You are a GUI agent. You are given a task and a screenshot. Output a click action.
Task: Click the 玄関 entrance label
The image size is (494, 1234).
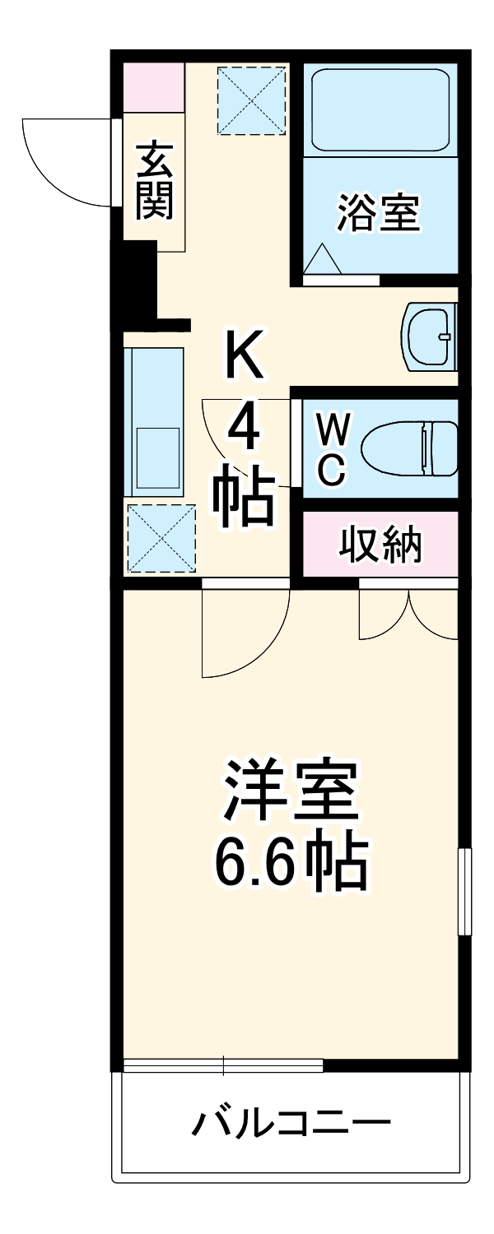tap(155, 181)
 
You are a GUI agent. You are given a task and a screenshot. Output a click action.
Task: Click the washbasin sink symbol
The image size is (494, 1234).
tap(431, 336)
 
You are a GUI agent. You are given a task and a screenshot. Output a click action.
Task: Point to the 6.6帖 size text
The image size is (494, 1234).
tap(290, 860)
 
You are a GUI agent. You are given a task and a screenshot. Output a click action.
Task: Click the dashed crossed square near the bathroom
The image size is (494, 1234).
tap(250, 100)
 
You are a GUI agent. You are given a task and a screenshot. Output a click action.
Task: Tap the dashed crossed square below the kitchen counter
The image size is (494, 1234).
tap(161, 538)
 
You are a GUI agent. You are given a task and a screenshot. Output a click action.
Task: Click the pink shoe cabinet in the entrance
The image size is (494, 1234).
tap(154, 86)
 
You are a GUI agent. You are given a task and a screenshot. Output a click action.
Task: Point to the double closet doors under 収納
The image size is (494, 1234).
tap(408, 613)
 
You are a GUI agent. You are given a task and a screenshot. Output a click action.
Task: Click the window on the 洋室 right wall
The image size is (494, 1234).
tap(464, 892)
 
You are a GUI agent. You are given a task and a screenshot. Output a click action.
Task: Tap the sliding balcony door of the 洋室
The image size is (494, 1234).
tap(222, 1066)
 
